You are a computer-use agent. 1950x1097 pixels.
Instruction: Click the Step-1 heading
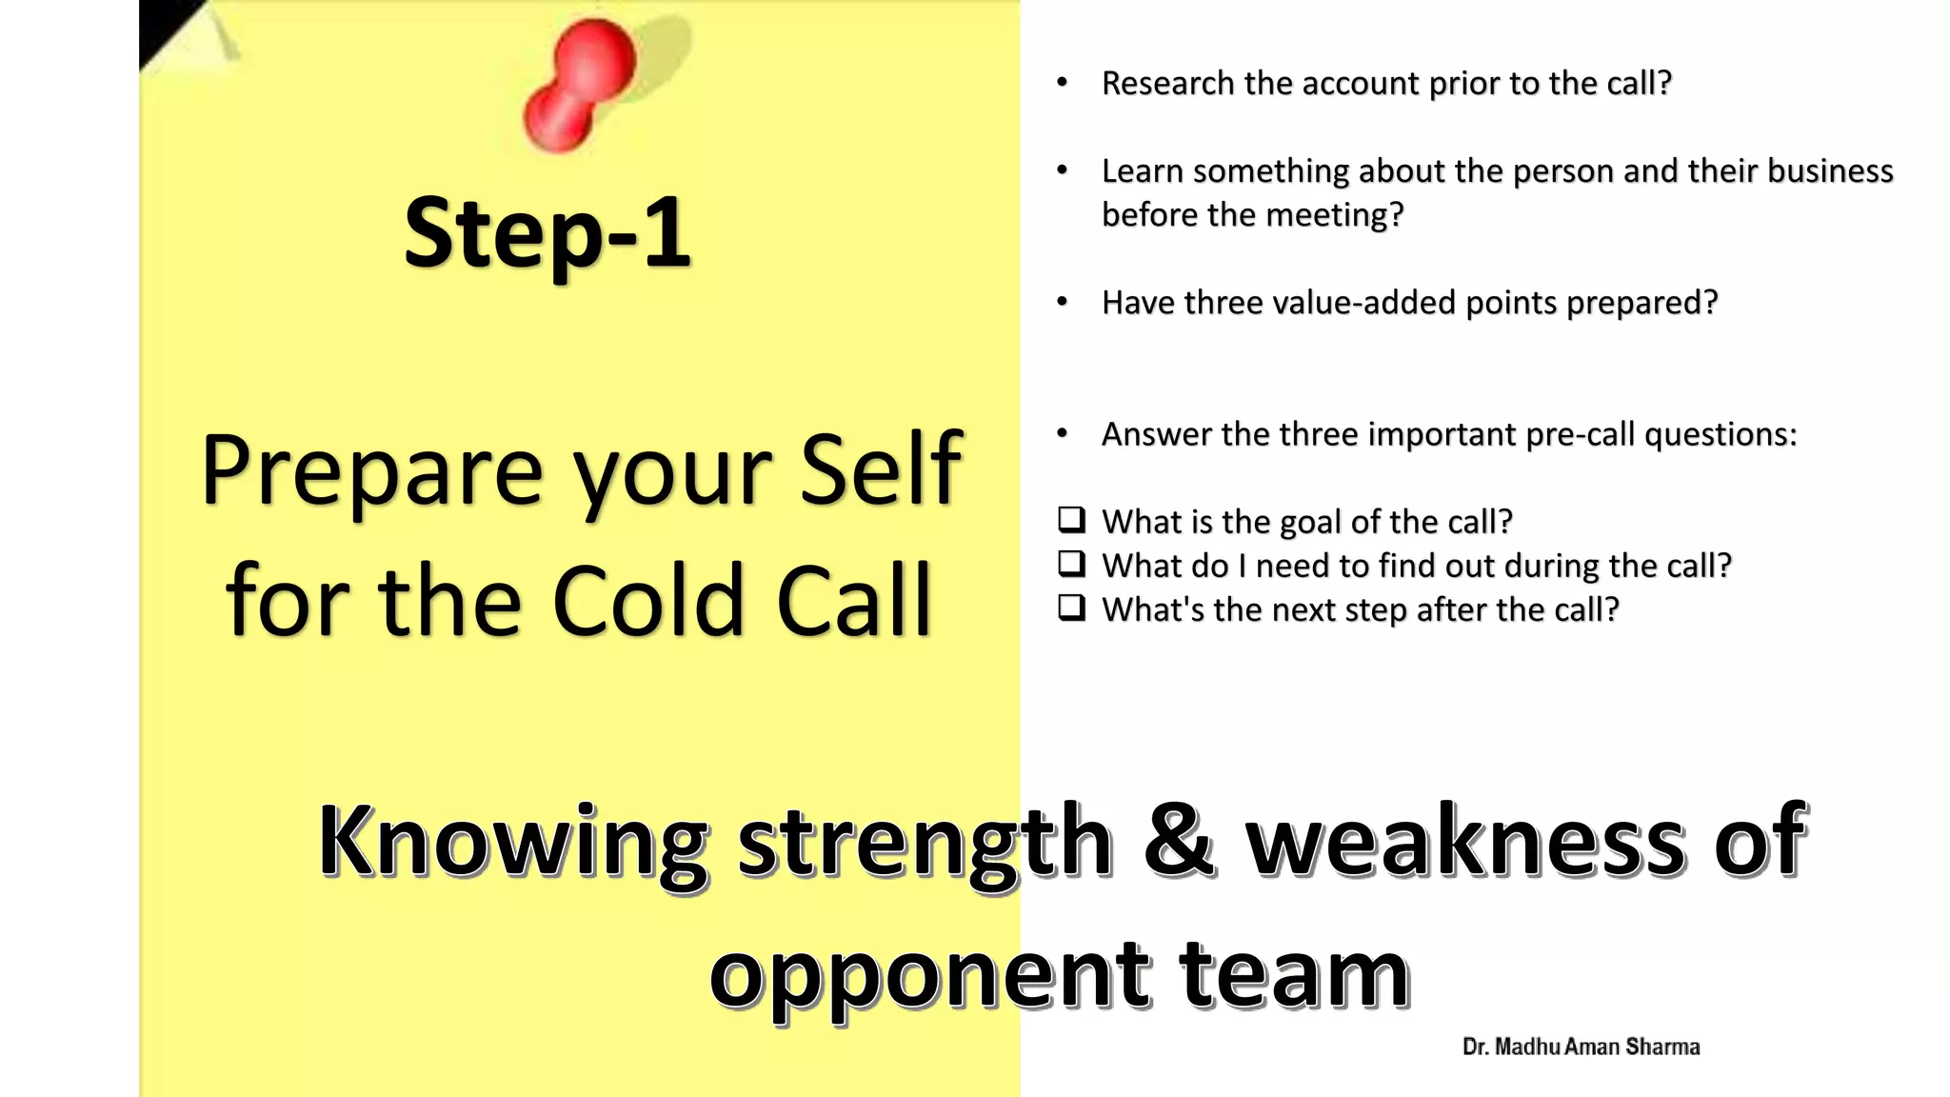click(x=547, y=232)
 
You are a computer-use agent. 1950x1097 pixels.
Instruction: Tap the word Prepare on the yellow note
click(x=372, y=471)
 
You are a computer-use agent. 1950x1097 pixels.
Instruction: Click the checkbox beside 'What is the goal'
click(x=1071, y=520)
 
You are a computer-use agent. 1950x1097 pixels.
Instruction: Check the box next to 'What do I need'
click(x=1071, y=564)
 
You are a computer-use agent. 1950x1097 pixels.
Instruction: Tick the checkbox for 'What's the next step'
click(x=1071, y=608)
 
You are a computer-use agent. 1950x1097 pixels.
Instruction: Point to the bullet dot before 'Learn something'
click(x=1063, y=171)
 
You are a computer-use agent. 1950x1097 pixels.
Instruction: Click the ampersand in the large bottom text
click(x=1179, y=840)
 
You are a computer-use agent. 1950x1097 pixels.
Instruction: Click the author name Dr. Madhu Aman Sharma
click(x=1581, y=1047)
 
